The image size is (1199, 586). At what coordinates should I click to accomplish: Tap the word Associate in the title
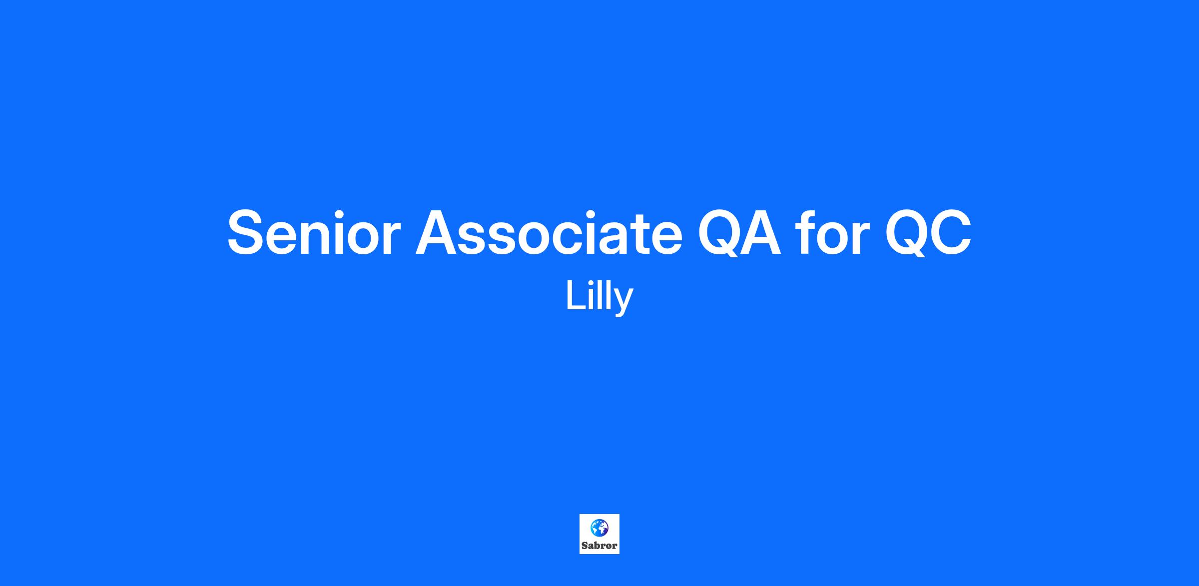[x=549, y=233]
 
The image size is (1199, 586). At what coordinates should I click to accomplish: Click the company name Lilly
[x=599, y=297]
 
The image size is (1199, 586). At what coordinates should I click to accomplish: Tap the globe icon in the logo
[x=599, y=528]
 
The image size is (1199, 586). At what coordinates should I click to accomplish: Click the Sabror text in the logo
[x=599, y=546]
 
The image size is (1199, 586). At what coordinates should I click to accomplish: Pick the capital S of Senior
[x=248, y=233]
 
